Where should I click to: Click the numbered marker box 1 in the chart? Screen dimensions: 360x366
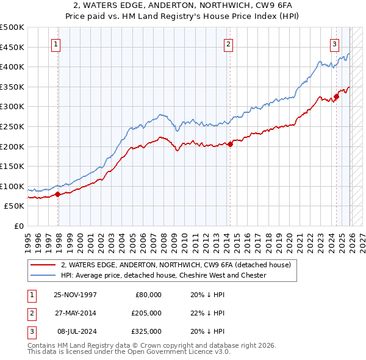[56, 43]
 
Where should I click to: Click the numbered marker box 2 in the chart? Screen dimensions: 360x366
[228, 43]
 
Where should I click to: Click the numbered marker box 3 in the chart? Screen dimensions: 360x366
[335, 43]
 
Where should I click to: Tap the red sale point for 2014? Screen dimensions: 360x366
[230, 145]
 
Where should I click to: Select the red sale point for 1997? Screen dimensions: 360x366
[57, 195]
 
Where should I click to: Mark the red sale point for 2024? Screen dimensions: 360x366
[336, 96]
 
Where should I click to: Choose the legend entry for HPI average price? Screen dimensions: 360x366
[163, 275]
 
